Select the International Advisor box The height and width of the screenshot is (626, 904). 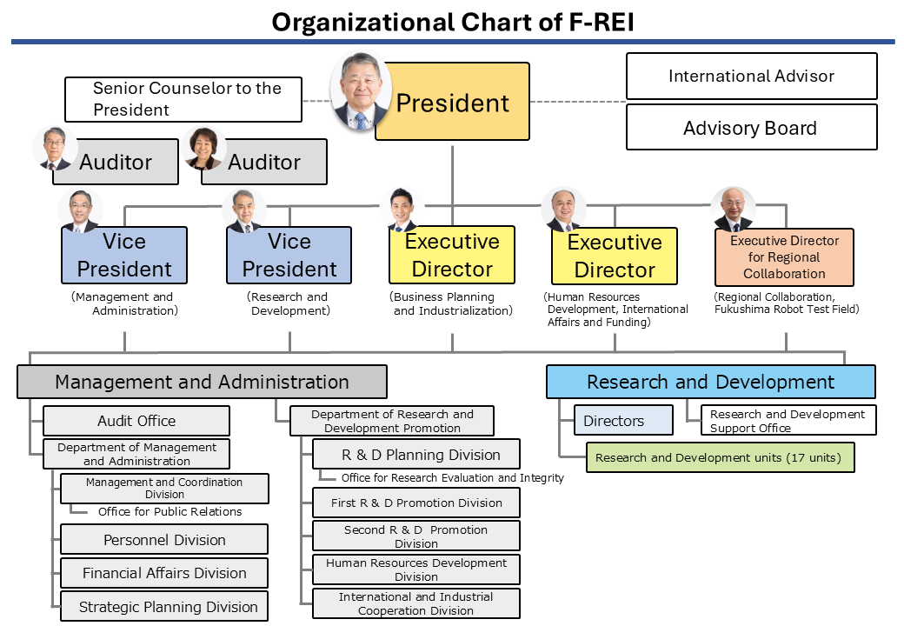[x=751, y=77]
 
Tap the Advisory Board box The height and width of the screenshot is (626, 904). [x=751, y=128]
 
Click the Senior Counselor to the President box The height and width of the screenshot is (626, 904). [x=183, y=99]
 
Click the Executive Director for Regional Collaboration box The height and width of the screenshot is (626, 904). [x=784, y=256]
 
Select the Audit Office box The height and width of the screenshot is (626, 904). [x=136, y=421]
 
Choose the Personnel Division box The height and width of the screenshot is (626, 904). [x=164, y=540]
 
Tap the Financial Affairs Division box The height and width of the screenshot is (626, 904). [x=164, y=573]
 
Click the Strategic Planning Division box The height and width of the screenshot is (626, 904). [x=164, y=607]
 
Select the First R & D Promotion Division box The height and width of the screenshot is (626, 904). [x=416, y=503]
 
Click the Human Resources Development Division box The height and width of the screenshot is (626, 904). [x=416, y=569]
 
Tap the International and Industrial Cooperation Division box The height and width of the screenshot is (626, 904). [x=416, y=603]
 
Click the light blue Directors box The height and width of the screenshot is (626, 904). [x=623, y=421]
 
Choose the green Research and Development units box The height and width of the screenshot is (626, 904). [x=721, y=457]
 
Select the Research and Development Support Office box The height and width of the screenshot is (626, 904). [x=788, y=421]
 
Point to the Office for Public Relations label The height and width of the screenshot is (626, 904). [x=169, y=511]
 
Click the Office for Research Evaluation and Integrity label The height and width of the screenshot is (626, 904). [x=452, y=477]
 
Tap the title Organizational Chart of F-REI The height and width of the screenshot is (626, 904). [x=453, y=22]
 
